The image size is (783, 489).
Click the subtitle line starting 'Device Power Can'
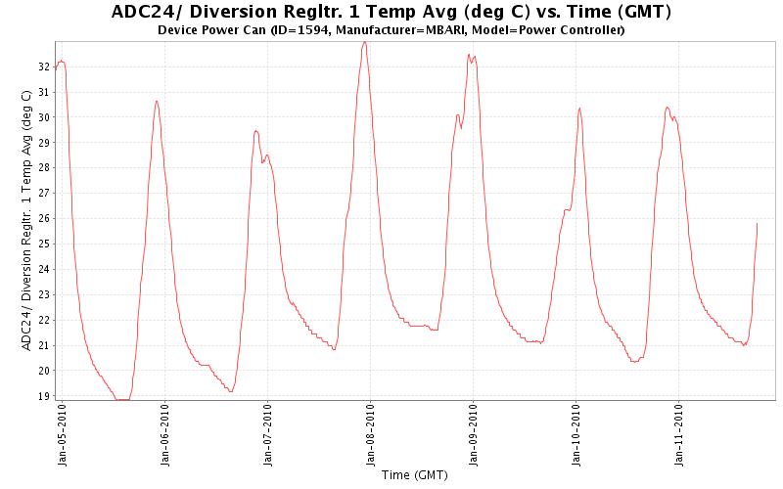coord(391,30)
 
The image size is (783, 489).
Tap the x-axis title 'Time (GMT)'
coord(414,475)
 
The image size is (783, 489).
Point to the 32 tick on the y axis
coord(44,67)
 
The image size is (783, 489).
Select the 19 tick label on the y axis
coord(44,396)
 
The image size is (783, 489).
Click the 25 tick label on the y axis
coord(44,244)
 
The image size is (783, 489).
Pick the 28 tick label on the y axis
coord(44,168)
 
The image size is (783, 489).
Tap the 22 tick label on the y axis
coord(44,320)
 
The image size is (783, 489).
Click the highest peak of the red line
coord(364,42)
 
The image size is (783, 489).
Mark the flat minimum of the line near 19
coord(122,399)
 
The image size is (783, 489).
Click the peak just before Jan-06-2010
coord(157,102)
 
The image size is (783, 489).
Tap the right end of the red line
coord(757,224)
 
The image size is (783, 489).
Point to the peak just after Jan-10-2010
coord(579,109)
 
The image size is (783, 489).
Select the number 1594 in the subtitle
coord(295,30)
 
